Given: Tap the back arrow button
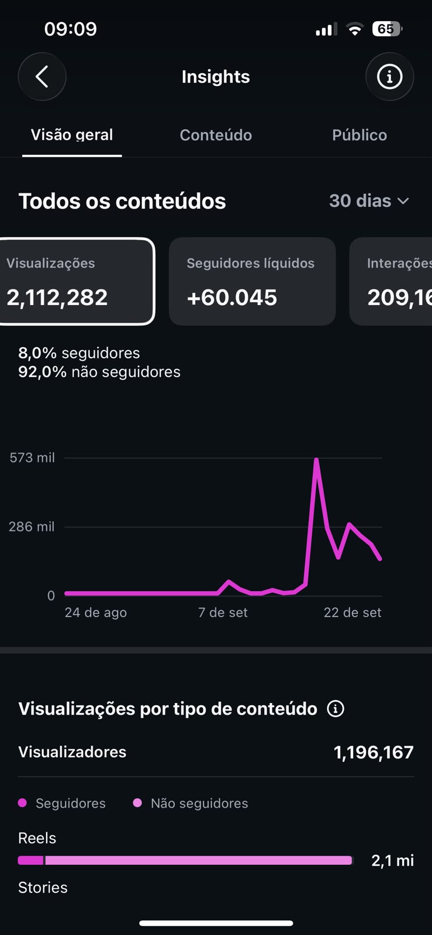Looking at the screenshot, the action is tap(42, 77).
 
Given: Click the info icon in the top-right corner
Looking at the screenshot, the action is tap(389, 77).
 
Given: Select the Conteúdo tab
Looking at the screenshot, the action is tap(216, 135).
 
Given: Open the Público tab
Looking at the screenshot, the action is tap(360, 135).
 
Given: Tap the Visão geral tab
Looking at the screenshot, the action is tap(72, 135).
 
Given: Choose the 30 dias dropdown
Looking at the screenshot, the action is tap(369, 201).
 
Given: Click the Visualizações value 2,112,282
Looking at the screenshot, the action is tap(57, 297).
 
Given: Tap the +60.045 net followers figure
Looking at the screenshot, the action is tap(232, 297).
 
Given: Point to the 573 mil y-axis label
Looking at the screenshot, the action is tap(32, 458).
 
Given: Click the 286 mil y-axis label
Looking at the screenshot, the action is tap(32, 527).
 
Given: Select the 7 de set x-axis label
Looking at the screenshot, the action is tap(223, 612).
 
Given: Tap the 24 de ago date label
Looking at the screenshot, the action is tap(96, 612).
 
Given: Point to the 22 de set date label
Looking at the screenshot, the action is tap(352, 612).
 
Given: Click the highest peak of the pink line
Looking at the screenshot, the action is tap(316, 459).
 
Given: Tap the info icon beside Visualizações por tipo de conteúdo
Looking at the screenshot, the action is tap(336, 708).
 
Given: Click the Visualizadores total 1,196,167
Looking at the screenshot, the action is tap(374, 752).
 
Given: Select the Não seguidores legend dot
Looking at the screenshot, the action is tap(137, 803).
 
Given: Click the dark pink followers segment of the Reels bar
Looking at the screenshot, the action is tap(30, 860).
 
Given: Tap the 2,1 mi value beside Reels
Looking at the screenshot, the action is tap(392, 860).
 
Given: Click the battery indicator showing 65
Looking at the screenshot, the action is tap(387, 29).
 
